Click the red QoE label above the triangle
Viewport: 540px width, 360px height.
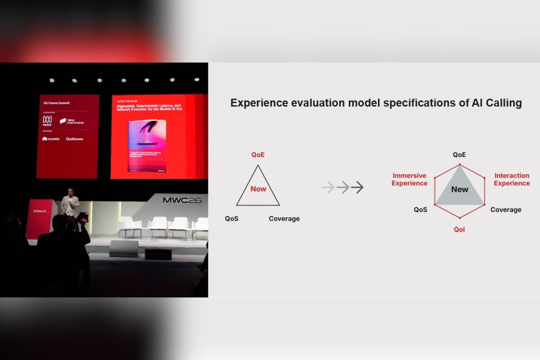point(258,155)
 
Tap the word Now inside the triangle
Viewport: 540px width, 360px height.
point(258,189)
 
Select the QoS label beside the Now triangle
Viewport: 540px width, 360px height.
point(231,219)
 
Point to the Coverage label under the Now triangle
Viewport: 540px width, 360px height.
point(284,219)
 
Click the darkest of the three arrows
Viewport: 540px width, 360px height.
point(357,187)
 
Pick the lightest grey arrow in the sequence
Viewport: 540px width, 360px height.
point(328,187)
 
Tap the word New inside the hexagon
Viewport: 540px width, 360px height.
point(459,189)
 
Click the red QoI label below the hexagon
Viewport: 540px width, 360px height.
point(459,229)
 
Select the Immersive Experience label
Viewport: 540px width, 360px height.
point(409,180)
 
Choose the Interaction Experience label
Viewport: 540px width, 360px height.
point(512,180)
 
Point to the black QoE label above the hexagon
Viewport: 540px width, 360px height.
point(459,155)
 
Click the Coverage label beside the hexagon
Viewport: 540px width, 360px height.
point(506,210)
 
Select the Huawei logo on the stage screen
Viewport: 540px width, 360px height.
point(50,139)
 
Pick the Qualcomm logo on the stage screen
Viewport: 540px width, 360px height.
point(74,139)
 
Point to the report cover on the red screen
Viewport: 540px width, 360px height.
point(147,146)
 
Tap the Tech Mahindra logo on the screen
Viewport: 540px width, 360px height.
point(72,121)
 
